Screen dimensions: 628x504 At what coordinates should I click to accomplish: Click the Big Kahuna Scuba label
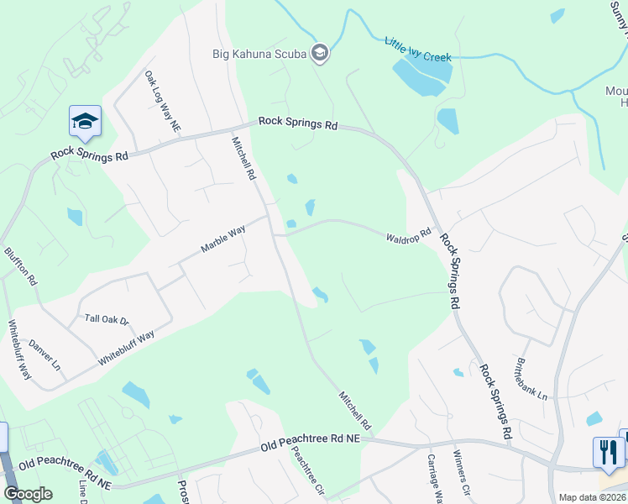tap(258, 55)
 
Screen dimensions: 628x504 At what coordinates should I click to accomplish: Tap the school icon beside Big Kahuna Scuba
tap(319, 55)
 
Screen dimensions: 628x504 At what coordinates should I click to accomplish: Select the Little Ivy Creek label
tap(417, 50)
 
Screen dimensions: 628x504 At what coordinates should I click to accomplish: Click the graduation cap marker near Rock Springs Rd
tap(85, 122)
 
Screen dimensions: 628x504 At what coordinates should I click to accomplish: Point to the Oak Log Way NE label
tap(162, 101)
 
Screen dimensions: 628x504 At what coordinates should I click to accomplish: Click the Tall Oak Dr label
tap(106, 319)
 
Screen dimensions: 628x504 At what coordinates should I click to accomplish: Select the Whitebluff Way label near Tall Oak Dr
tap(126, 347)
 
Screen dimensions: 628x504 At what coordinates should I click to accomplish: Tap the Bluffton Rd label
tap(22, 265)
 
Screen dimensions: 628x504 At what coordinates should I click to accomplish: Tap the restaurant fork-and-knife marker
tap(608, 452)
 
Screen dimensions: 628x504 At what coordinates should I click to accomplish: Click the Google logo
tap(28, 494)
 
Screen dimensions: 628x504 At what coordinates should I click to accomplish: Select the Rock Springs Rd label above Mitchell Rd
tap(297, 123)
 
